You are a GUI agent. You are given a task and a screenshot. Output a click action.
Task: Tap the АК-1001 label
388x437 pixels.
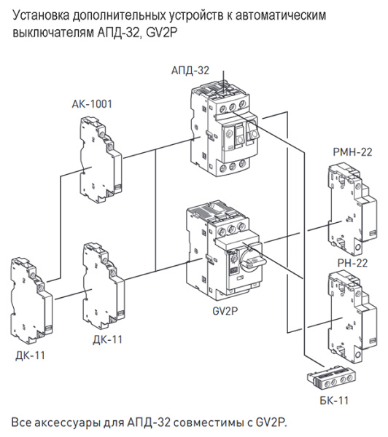click(x=92, y=104)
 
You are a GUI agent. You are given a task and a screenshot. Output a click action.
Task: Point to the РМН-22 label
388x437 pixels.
click(x=352, y=152)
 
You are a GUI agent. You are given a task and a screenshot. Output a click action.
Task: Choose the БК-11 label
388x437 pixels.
click(x=335, y=400)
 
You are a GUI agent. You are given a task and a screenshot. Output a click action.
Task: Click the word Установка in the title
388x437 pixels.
click(x=44, y=15)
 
